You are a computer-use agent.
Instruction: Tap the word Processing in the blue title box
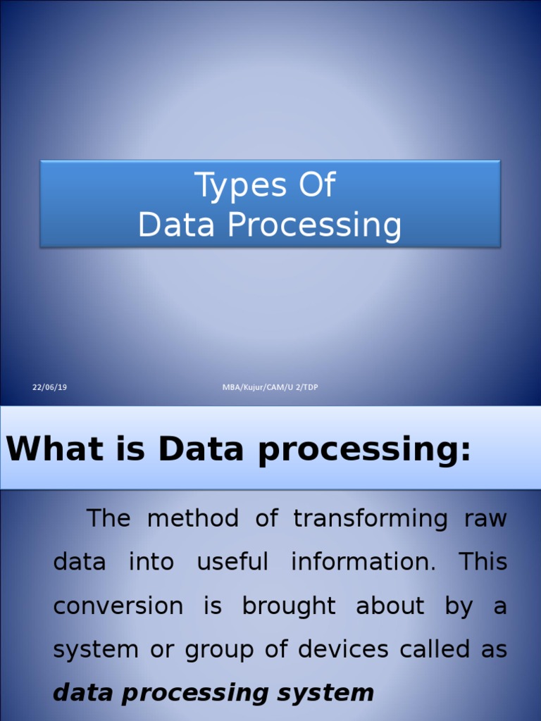pos(314,225)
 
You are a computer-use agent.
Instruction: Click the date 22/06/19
pos(49,387)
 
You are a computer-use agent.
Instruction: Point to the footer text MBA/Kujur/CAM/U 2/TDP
pos(270,387)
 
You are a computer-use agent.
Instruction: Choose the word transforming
pos(371,519)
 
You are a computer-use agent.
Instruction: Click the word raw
pos(485,519)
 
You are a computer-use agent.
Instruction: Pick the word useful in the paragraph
pos(232,562)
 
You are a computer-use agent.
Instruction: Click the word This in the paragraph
pos(483,562)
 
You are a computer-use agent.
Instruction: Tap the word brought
pos(289,606)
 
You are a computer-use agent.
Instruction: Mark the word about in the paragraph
pos(390,606)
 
